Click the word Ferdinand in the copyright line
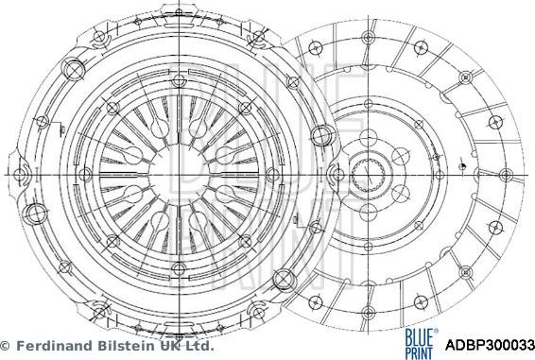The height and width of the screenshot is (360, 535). (x=55, y=346)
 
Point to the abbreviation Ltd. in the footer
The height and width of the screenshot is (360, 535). (x=199, y=346)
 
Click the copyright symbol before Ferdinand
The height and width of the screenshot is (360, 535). (x=5, y=346)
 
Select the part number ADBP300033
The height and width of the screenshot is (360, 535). (x=490, y=345)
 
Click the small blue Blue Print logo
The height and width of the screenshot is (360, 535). (x=419, y=343)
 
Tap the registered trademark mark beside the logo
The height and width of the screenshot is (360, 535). (x=436, y=331)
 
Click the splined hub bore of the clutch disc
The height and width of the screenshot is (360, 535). (x=368, y=176)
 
